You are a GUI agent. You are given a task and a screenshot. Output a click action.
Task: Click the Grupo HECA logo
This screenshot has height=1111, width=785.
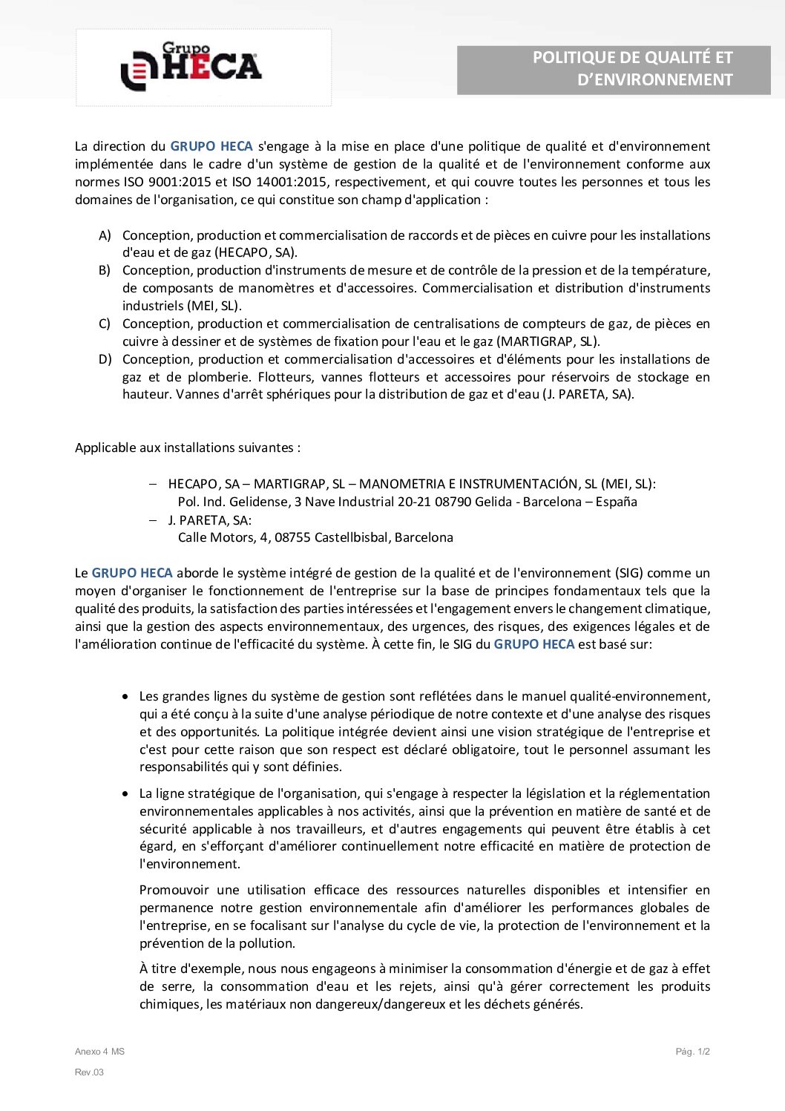tap(191, 67)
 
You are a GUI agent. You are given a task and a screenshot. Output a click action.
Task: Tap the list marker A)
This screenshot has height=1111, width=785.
tap(105, 235)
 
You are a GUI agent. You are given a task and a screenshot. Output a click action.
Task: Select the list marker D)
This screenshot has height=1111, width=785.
tap(105, 359)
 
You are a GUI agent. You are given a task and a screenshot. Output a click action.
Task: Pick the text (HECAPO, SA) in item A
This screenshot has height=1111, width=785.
tap(256, 252)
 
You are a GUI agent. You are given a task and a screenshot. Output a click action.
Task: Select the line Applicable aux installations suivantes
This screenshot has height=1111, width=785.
tap(188, 448)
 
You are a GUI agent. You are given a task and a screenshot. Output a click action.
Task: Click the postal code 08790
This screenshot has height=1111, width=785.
tap(453, 502)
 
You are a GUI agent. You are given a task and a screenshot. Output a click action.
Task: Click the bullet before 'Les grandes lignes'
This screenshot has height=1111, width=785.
tap(125, 697)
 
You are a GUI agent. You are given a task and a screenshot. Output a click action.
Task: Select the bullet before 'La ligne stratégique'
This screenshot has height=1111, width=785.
tap(125, 794)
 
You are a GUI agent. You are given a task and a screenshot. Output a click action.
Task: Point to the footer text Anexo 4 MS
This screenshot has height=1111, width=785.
tap(99, 1052)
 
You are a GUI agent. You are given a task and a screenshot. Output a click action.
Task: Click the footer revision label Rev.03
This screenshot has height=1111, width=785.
tap(89, 1072)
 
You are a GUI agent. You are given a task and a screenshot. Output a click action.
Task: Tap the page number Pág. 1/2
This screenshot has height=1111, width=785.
tap(692, 1052)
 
